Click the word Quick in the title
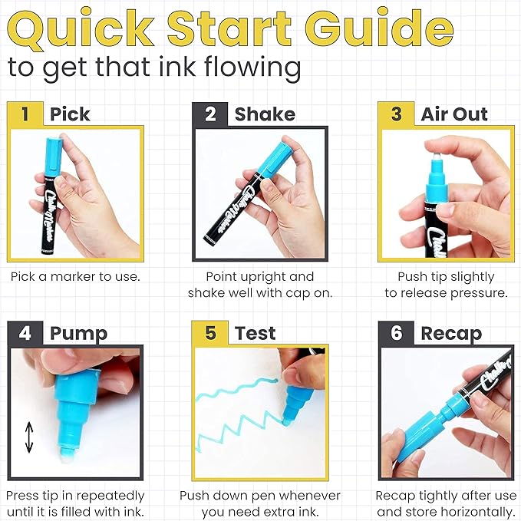(81, 29)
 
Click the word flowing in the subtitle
(252, 68)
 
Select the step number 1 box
(25, 114)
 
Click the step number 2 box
(210, 114)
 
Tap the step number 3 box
(396, 114)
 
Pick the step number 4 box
(25, 333)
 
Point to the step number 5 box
(210, 333)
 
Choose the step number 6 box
(397, 333)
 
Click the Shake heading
(265, 114)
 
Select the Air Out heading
(454, 114)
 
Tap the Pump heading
(78, 335)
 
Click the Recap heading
(451, 335)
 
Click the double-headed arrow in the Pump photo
(29, 437)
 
